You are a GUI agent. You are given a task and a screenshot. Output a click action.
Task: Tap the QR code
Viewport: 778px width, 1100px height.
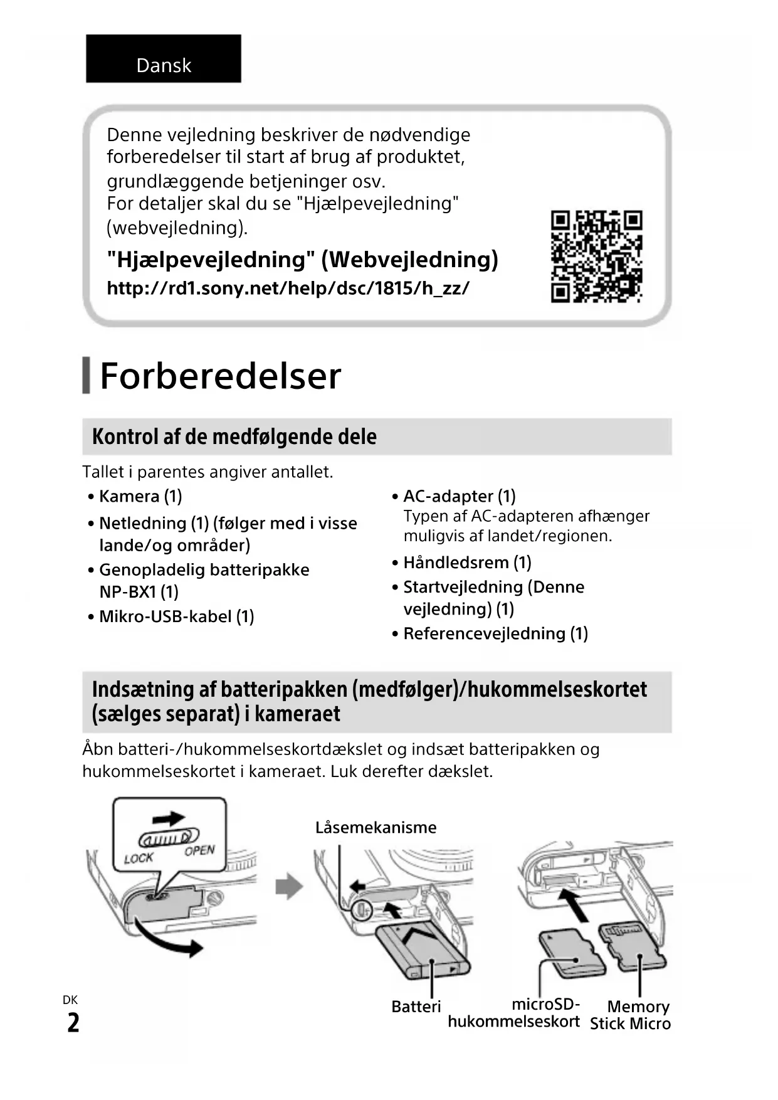[x=596, y=256]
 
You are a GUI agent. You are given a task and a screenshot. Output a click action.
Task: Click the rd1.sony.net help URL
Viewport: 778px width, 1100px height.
[x=288, y=288]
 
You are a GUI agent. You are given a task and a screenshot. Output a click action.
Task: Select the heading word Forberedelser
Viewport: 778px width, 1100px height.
[x=220, y=376]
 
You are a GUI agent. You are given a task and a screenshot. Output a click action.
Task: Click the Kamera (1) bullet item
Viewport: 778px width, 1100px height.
[x=140, y=496]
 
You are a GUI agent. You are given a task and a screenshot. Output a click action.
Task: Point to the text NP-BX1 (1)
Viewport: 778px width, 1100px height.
[x=139, y=591]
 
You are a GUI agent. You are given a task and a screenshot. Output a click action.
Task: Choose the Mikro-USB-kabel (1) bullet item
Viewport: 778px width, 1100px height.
[x=176, y=616]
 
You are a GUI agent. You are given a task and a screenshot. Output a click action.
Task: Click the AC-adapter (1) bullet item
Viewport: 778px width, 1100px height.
[x=459, y=496]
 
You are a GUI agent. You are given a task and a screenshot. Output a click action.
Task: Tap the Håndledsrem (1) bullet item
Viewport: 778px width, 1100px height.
[x=467, y=562]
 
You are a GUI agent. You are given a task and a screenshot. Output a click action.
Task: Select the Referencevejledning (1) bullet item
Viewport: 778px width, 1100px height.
[x=495, y=633]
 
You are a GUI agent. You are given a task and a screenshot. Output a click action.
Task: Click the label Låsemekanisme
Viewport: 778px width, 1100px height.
[x=376, y=827]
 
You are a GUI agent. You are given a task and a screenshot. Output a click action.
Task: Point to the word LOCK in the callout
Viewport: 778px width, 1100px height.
[x=139, y=858]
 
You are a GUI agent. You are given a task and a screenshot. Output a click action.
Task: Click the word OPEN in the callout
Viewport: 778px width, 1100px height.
[x=199, y=851]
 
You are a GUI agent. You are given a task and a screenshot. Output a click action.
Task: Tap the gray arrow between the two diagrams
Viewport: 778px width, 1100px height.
[x=289, y=887]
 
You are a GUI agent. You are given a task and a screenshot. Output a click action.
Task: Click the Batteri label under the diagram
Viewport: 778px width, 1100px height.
[x=416, y=1007]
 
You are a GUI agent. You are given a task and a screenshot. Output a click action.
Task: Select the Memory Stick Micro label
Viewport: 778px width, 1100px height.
[x=630, y=1015]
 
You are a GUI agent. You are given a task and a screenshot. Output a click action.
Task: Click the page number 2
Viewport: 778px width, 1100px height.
[x=73, y=1023]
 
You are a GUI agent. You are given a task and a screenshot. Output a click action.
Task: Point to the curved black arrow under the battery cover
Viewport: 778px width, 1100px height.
[x=169, y=938]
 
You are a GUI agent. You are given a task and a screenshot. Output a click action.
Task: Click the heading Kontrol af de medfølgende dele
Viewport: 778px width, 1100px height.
[x=234, y=436]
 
